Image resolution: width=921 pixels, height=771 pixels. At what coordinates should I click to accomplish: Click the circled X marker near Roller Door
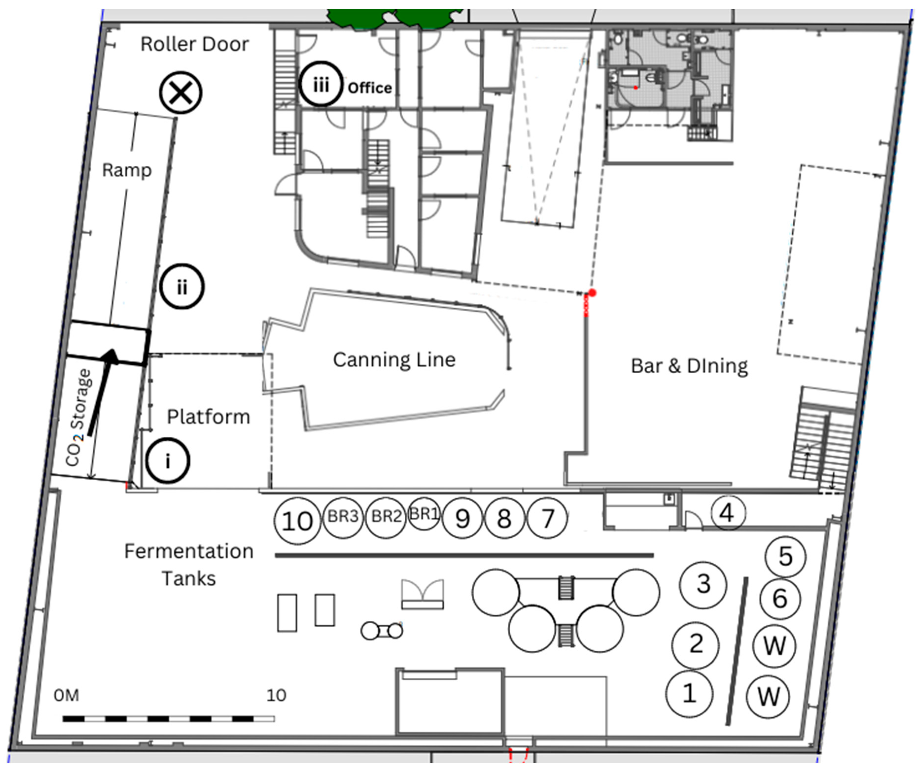[180, 93]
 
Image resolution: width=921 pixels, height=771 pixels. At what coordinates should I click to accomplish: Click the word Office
[370, 88]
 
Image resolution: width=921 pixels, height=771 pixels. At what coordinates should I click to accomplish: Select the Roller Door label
[195, 44]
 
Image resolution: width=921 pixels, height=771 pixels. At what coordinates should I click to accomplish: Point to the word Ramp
[127, 170]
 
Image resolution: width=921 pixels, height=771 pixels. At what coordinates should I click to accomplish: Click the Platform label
[208, 417]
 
